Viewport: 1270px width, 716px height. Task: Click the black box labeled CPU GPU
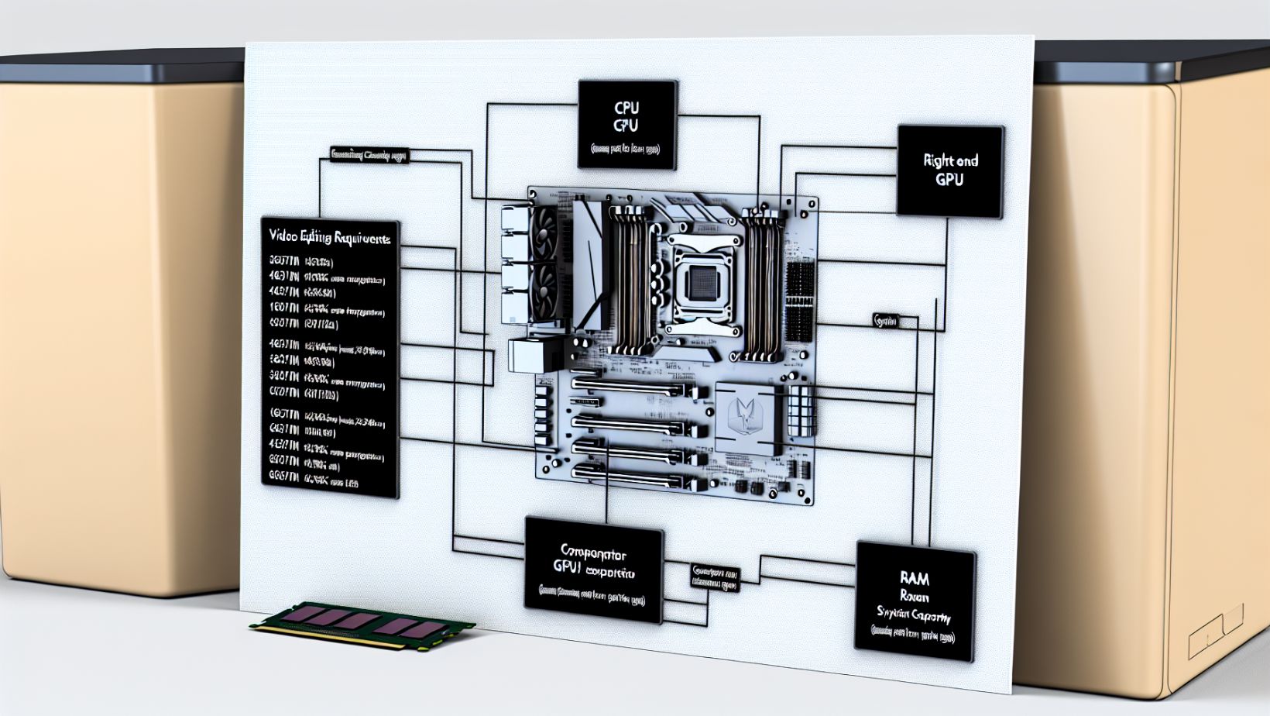pyautogui.click(x=626, y=124)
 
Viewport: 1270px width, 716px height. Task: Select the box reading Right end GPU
pyautogui.click(x=950, y=170)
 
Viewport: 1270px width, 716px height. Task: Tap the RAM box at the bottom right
pyautogui.click(x=915, y=601)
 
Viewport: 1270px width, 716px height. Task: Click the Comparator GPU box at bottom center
pyautogui.click(x=594, y=571)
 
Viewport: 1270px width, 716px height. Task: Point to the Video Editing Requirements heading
pyautogui.click(x=329, y=236)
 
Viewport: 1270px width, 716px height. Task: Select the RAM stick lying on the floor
pyautogui.click(x=362, y=622)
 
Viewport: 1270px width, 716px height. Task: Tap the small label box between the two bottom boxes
pyautogui.click(x=715, y=578)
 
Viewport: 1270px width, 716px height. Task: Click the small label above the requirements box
pyautogui.click(x=369, y=154)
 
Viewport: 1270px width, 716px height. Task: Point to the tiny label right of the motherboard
pyautogui.click(x=885, y=320)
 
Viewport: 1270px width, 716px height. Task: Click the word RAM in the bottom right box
pyautogui.click(x=915, y=578)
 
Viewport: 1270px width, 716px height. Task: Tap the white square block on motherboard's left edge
pyautogui.click(x=529, y=355)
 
